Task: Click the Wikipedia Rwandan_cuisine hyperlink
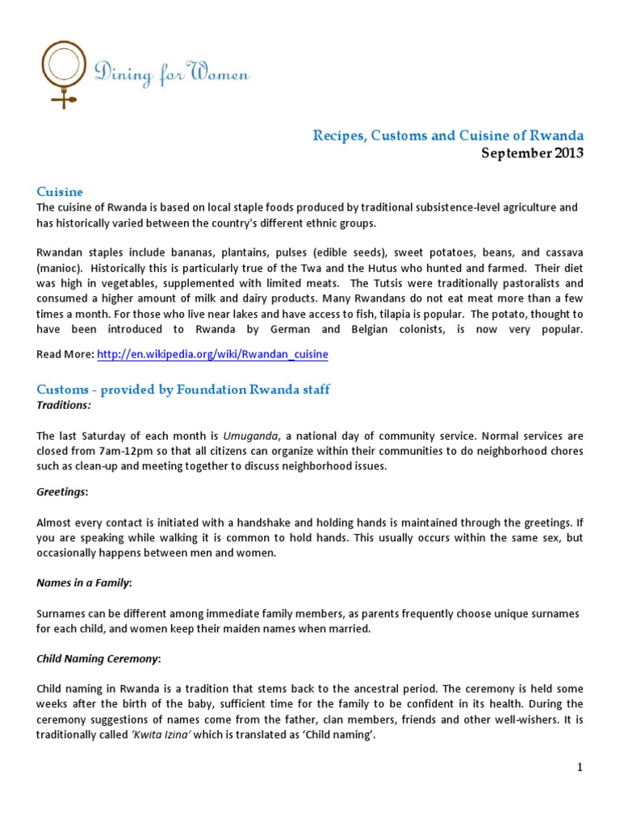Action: [x=212, y=354]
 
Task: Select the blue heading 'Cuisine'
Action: [x=60, y=191]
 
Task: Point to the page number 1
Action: [x=580, y=766]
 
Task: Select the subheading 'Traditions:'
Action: [x=64, y=405]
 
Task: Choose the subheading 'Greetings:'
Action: [x=63, y=491]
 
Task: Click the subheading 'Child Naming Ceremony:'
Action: [x=99, y=658]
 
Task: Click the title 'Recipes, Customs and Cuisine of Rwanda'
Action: [x=448, y=135]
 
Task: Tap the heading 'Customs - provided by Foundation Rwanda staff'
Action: [x=184, y=390]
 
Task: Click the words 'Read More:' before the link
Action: [x=65, y=354]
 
